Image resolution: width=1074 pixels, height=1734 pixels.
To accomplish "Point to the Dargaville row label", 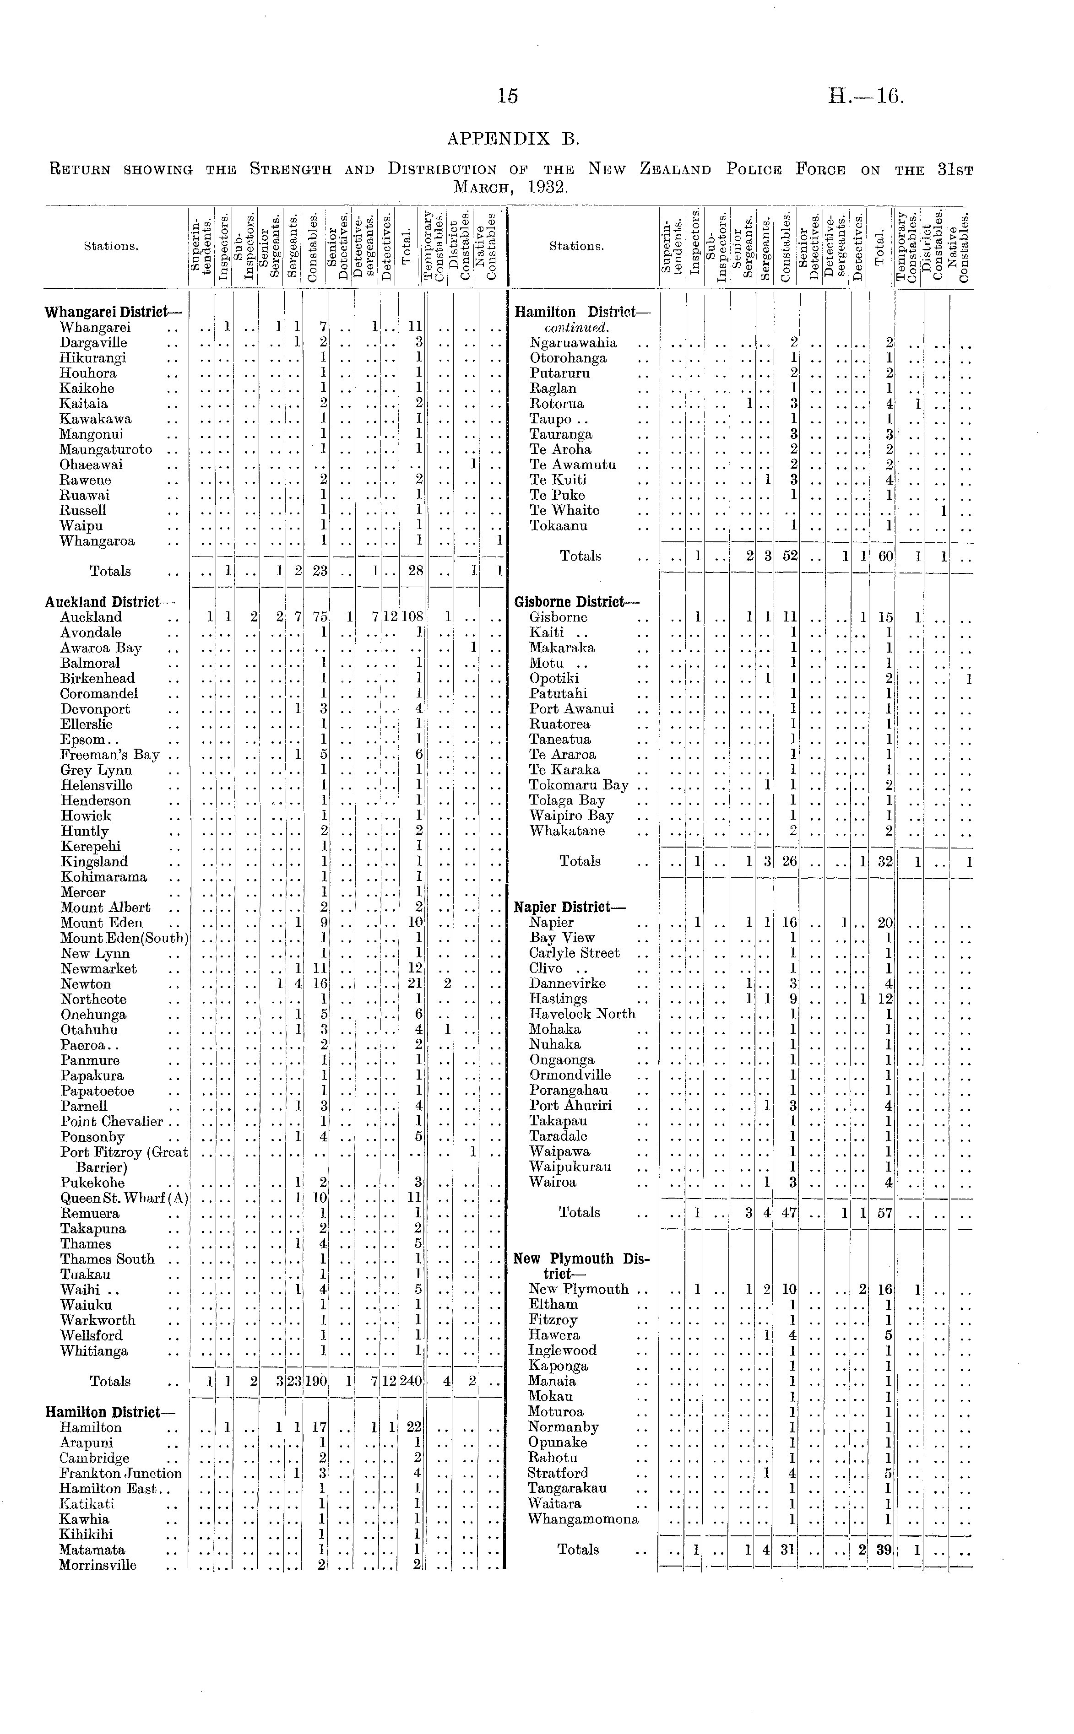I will [94, 343].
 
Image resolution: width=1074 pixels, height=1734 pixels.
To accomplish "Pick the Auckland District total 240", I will [411, 1382].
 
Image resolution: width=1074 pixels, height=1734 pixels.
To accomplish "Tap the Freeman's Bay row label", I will [110, 755].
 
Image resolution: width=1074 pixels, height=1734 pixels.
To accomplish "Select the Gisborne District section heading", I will [577, 603].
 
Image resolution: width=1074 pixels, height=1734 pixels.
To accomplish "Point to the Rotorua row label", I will [557, 404].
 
